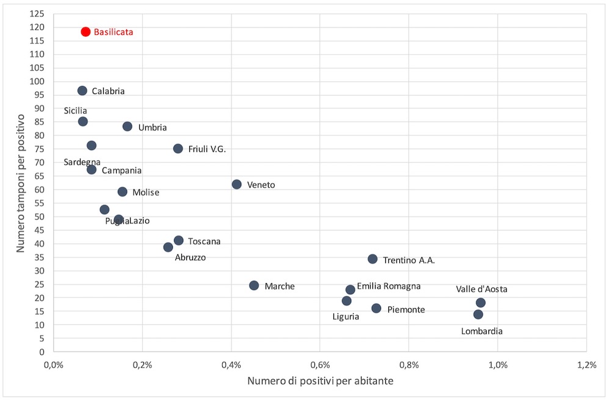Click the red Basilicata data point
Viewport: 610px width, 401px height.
85,32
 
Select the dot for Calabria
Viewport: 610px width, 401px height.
82,91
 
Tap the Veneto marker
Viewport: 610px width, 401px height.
237,184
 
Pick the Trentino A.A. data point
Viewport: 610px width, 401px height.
372,259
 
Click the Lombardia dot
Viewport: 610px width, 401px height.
478,314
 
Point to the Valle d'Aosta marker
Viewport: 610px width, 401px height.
481,303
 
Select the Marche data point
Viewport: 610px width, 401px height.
254,286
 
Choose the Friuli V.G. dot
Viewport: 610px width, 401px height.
178,148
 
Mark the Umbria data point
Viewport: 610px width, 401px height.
127,126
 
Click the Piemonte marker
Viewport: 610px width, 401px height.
376,308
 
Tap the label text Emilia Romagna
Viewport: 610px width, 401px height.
388,286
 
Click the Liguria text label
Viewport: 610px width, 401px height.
346,316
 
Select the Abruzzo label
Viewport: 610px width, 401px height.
191,258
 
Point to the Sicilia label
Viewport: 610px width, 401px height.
75,110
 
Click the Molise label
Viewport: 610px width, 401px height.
145,192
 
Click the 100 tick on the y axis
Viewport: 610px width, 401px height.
37,81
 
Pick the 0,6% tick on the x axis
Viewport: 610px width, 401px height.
320,365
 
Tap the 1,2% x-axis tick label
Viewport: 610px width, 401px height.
586,365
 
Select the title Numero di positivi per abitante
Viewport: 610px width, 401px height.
320,381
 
